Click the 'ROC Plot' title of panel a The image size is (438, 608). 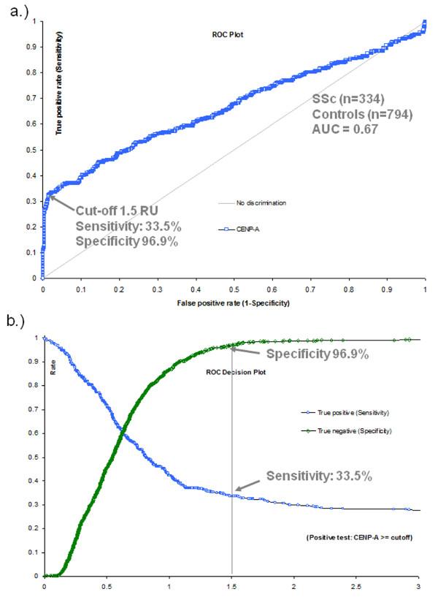click(x=234, y=34)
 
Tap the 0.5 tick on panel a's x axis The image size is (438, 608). click(x=234, y=289)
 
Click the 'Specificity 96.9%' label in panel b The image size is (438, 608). click(x=317, y=354)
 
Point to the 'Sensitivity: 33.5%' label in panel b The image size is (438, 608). click(x=319, y=476)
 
